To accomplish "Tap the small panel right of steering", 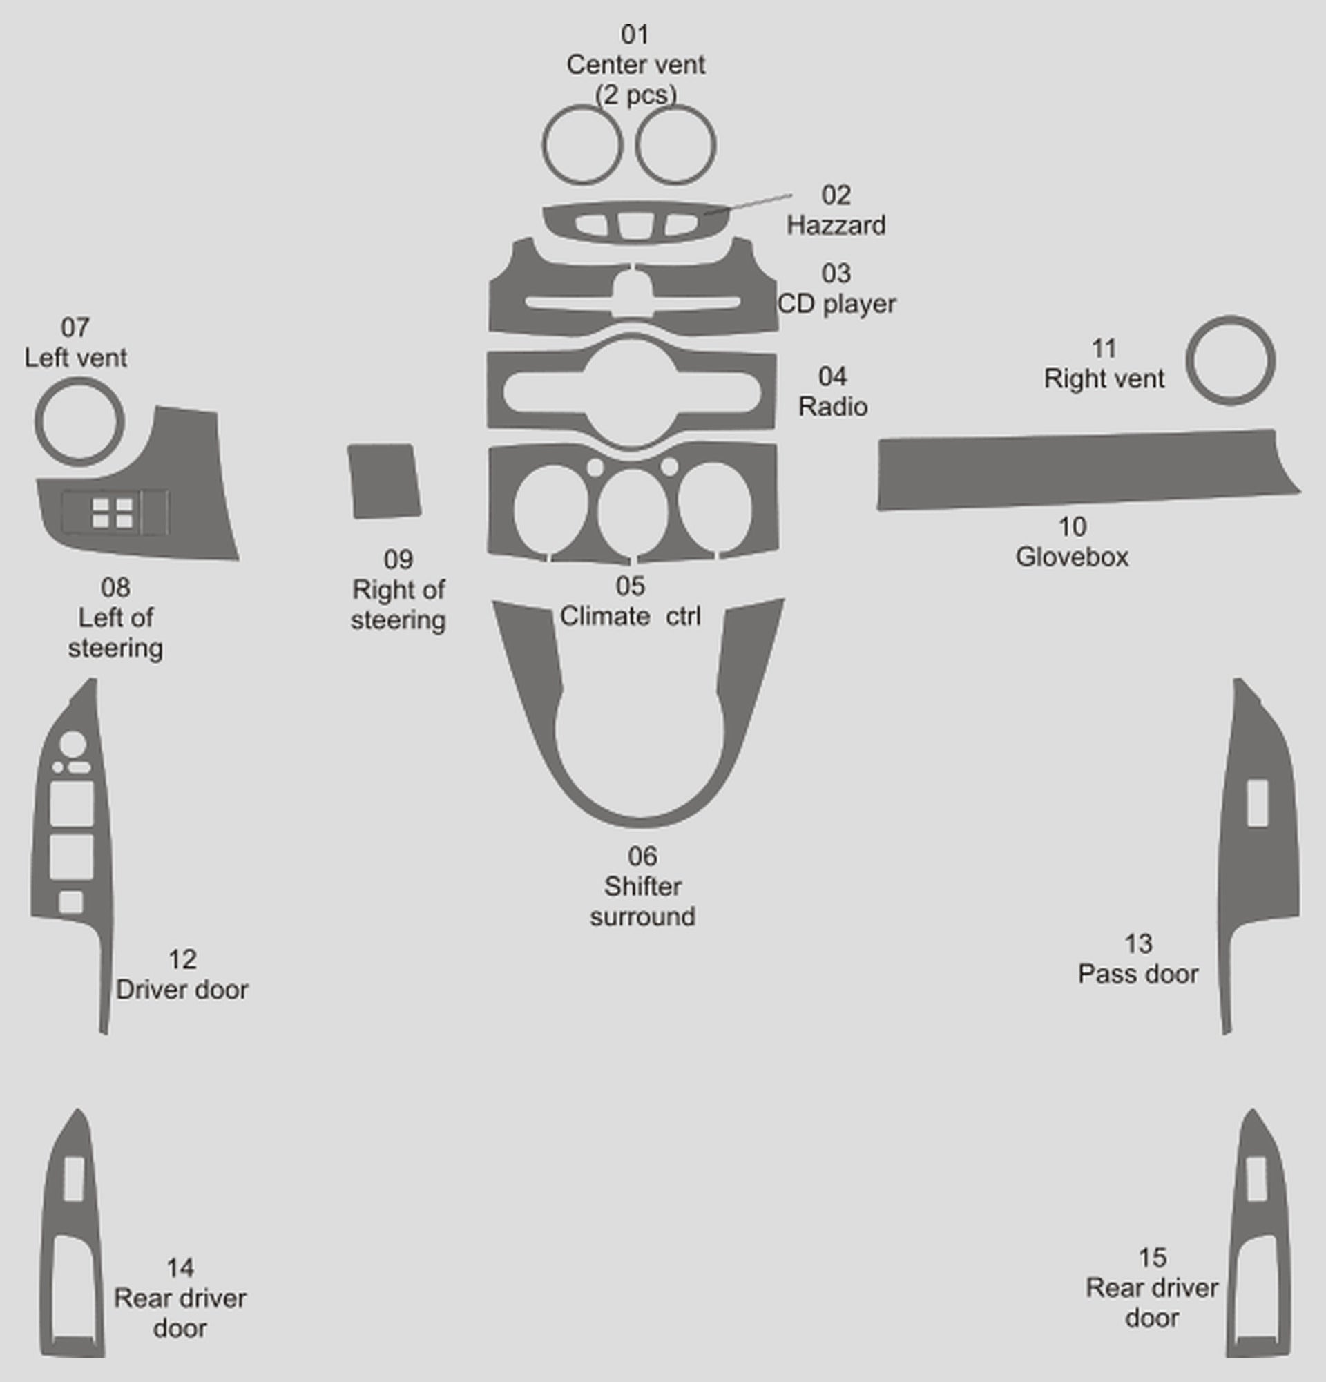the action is point(384,481).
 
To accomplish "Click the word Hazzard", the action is point(836,226).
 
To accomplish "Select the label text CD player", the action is point(837,304).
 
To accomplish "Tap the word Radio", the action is point(832,407).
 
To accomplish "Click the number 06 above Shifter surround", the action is point(642,856).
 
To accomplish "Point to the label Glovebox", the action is point(1072,557).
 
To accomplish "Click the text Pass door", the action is point(1138,974).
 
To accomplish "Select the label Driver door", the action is point(182,989).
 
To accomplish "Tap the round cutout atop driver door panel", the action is point(73,745).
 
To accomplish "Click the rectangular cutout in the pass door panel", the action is point(1258,803).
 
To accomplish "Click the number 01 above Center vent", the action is point(635,34).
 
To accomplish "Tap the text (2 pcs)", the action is point(635,95).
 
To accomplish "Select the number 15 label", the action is point(1153,1257).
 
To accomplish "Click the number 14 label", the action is point(180,1268).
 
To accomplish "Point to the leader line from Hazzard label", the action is point(748,203).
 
